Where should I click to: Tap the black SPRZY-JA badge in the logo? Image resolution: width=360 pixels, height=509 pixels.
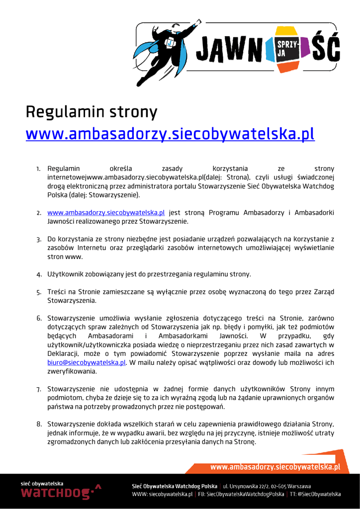[287, 48]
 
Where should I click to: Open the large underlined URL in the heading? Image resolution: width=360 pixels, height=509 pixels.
[170, 134]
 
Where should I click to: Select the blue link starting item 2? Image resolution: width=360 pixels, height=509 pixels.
[106, 213]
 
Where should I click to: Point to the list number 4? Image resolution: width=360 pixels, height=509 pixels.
[38, 274]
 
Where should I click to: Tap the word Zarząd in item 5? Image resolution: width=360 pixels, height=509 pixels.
[324, 292]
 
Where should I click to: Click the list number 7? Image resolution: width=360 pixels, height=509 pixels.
[38, 389]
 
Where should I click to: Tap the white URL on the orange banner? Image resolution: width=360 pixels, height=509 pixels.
[275, 467]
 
